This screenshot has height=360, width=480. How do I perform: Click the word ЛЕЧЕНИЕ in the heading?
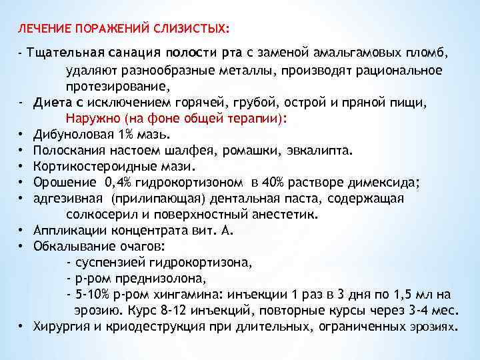43,29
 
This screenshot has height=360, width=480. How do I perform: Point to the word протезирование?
127,87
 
